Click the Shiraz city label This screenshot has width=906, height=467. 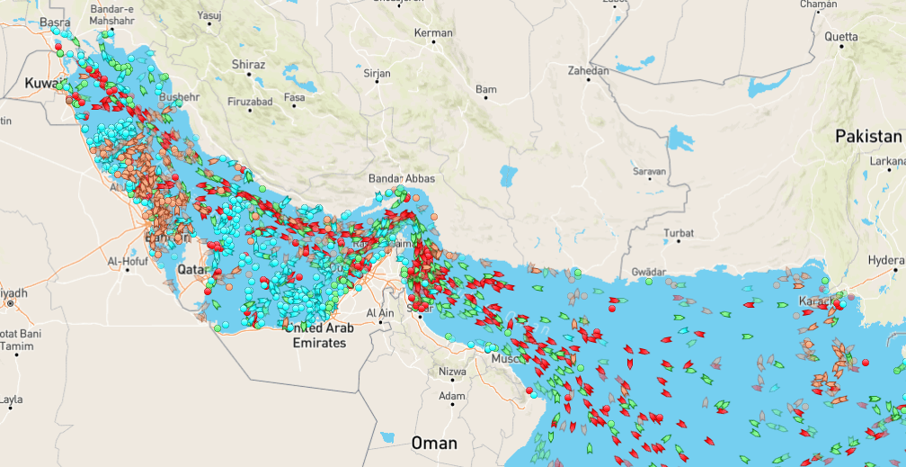(248, 65)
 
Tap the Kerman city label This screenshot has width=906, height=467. (433, 33)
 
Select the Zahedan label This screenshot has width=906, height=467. (589, 70)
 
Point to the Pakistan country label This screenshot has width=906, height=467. (867, 137)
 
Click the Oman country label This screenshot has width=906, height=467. (434, 443)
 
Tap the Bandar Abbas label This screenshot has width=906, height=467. (402, 179)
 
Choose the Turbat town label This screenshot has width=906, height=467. (679, 233)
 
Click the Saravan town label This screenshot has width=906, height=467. (648, 171)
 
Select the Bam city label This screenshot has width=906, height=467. (485, 90)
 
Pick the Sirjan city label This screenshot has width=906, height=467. (377, 72)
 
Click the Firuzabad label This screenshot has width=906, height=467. (250, 102)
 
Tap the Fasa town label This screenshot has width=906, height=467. (294, 97)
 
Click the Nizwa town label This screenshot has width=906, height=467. (452, 371)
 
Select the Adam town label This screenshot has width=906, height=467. (451, 396)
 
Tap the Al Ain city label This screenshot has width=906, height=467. (381, 313)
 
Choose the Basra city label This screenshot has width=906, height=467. (55, 22)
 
